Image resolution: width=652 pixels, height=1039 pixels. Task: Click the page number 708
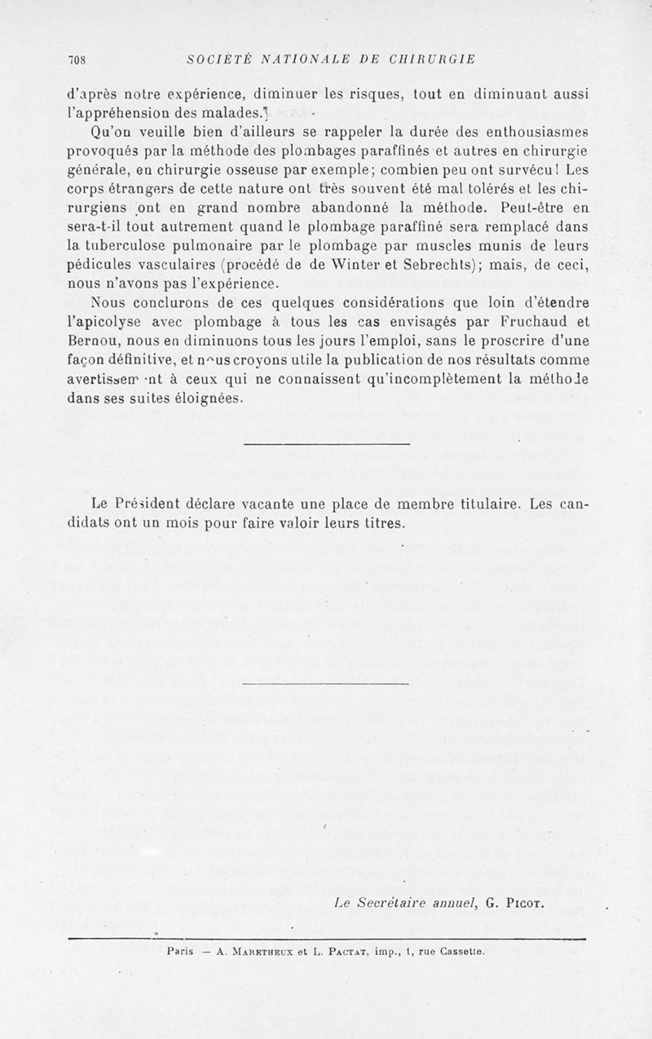pos(78,59)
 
